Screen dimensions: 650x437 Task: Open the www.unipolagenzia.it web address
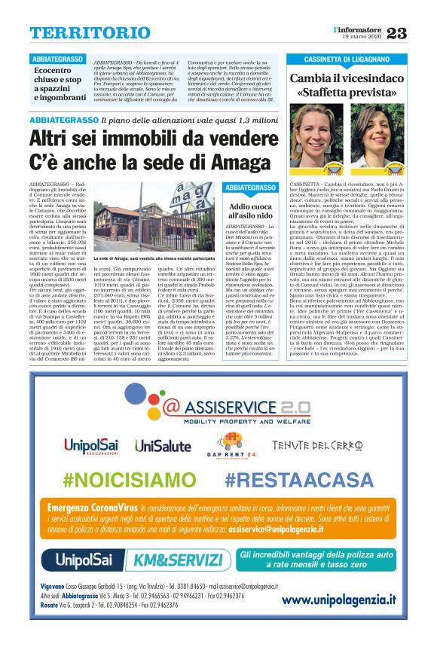[x=339, y=600]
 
